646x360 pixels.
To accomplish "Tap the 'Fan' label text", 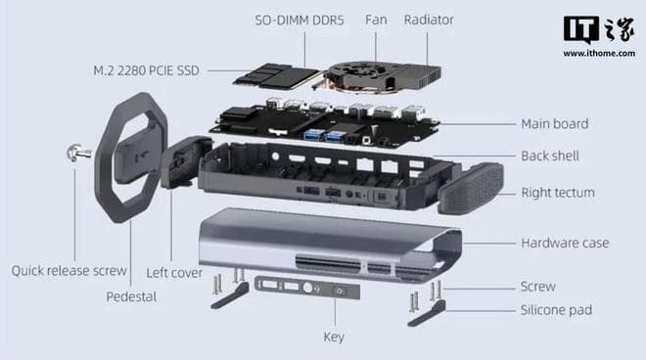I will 376,19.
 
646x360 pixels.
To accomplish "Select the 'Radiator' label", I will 429,19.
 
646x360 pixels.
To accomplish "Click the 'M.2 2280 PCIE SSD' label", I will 148,70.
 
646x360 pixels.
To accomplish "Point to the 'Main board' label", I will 554,124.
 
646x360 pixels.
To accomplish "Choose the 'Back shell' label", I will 550,156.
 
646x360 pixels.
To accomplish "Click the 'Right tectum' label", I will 557,193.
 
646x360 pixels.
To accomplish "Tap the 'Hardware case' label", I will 566,243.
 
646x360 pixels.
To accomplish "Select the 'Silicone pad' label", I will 556,310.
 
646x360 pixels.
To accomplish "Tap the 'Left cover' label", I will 174,273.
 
